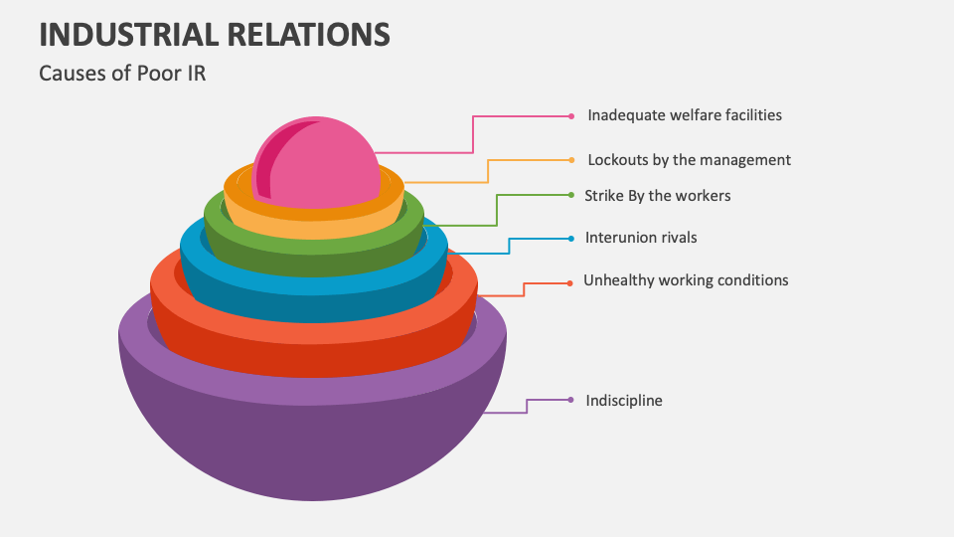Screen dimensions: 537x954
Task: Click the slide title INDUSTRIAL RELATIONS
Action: point(214,34)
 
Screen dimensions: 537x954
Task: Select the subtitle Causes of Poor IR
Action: point(122,73)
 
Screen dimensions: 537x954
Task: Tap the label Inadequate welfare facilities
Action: point(684,115)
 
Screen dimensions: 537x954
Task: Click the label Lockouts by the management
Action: point(689,159)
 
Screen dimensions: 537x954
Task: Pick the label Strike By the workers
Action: point(657,196)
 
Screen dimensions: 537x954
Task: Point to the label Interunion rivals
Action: point(641,238)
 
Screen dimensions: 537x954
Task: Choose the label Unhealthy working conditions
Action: point(686,280)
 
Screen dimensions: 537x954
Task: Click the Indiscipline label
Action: point(623,401)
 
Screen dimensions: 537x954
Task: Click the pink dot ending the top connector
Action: point(571,116)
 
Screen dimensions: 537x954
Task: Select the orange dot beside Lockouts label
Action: point(571,159)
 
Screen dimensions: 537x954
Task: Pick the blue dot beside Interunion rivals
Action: point(571,239)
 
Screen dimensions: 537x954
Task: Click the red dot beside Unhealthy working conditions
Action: point(569,283)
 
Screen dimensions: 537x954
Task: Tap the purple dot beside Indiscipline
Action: point(571,400)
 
